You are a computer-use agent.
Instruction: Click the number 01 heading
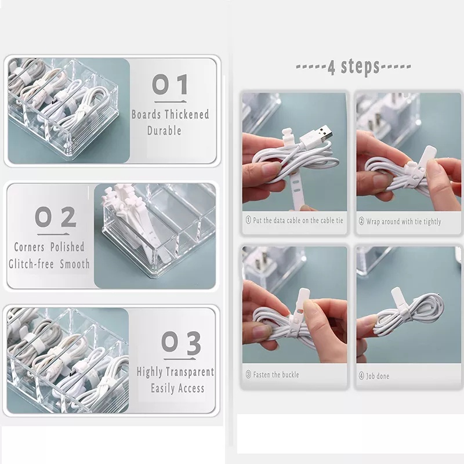tap(170, 84)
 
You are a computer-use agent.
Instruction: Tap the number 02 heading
tap(56, 217)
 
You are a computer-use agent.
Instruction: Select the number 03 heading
tap(181, 343)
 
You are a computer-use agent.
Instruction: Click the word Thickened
tap(187, 114)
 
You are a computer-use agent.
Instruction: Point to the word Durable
tap(164, 130)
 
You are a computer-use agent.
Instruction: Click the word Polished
tap(67, 247)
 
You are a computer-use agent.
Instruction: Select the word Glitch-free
tap(31, 264)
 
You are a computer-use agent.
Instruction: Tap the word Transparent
tap(190, 372)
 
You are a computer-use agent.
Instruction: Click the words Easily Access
tap(177, 388)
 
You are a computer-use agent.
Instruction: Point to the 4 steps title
tap(353, 67)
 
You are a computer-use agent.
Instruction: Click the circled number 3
tap(248, 375)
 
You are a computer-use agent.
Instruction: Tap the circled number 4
tap(361, 376)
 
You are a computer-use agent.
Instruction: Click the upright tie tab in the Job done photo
tap(398, 298)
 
